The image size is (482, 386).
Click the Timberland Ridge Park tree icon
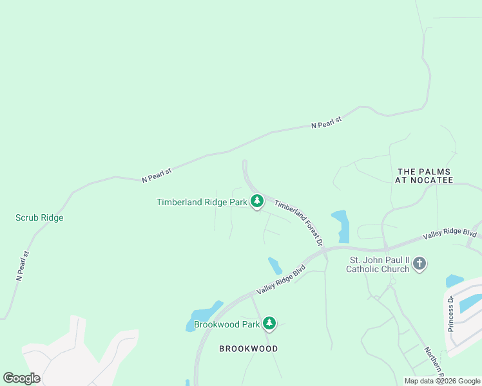(x=257, y=201)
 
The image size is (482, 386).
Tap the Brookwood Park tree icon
(x=269, y=324)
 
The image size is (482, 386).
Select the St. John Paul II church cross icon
(x=419, y=264)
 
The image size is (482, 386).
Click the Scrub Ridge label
(x=39, y=217)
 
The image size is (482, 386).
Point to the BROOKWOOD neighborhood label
(x=248, y=349)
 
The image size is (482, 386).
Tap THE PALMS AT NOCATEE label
(x=424, y=176)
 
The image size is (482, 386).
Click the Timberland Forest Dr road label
(x=298, y=223)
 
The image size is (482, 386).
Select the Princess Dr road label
(x=451, y=313)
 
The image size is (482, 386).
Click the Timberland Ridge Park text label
(x=202, y=202)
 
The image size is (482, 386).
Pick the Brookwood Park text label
(x=226, y=324)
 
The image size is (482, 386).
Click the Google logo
(x=21, y=378)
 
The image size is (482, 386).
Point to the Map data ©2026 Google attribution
(x=442, y=381)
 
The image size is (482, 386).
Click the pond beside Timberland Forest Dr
(x=340, y=225)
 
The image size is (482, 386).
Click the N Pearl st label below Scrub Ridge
(x=23, y=266)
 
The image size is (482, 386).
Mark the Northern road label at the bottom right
(x=434, y=362)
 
